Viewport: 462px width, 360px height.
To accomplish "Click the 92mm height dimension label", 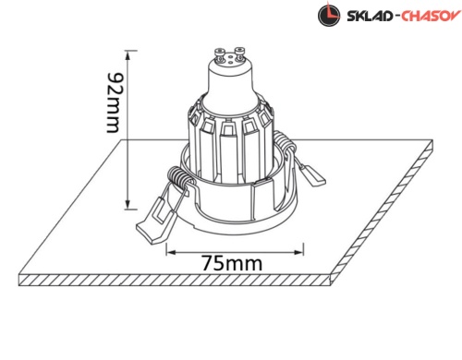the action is click(113, 103).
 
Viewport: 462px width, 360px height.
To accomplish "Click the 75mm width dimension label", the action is click(232, 263).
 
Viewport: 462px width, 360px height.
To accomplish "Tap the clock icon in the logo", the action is click(329, 15).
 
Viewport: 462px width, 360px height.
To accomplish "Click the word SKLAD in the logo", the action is click(370, 16).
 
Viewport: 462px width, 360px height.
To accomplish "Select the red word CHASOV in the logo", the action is click(431, 16).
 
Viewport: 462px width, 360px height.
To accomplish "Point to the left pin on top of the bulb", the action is click(220, 54).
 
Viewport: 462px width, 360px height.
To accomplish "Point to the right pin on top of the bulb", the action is click(239, 54).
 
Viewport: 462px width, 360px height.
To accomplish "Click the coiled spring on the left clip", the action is click(178, 177).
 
